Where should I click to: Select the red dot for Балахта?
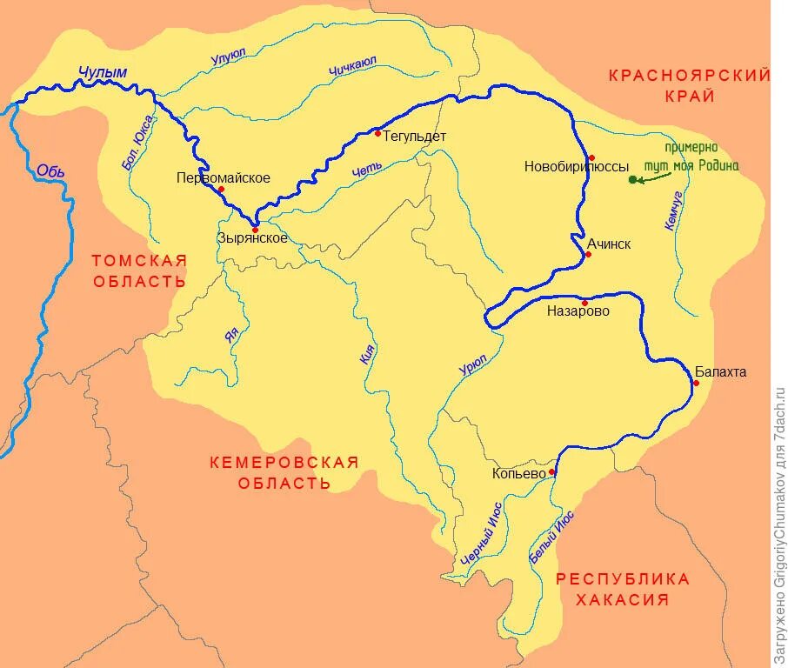pyautogui.click(x=697, y=383)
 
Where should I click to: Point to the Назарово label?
pyautogui.click(x=578, y=311)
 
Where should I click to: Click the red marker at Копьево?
pyautogui.click(x=551, y=472)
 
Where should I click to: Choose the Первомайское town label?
pyautogui.click(x=223, y=178)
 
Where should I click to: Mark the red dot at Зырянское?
pyautogui.click(x=255, y=230)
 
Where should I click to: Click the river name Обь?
pyautogui.click(x=50, y=170)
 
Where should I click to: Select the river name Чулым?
pyautogui.click(x=103, y=73)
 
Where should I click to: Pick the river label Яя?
pyautogui.click(x=231, y=335)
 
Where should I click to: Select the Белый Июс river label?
pyautogui.click(x=552, y=539)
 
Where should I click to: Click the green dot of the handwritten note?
pyautogui.click(x=632, y=180)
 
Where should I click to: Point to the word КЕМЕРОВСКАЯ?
pyautogui.click(x=284, y=463)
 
